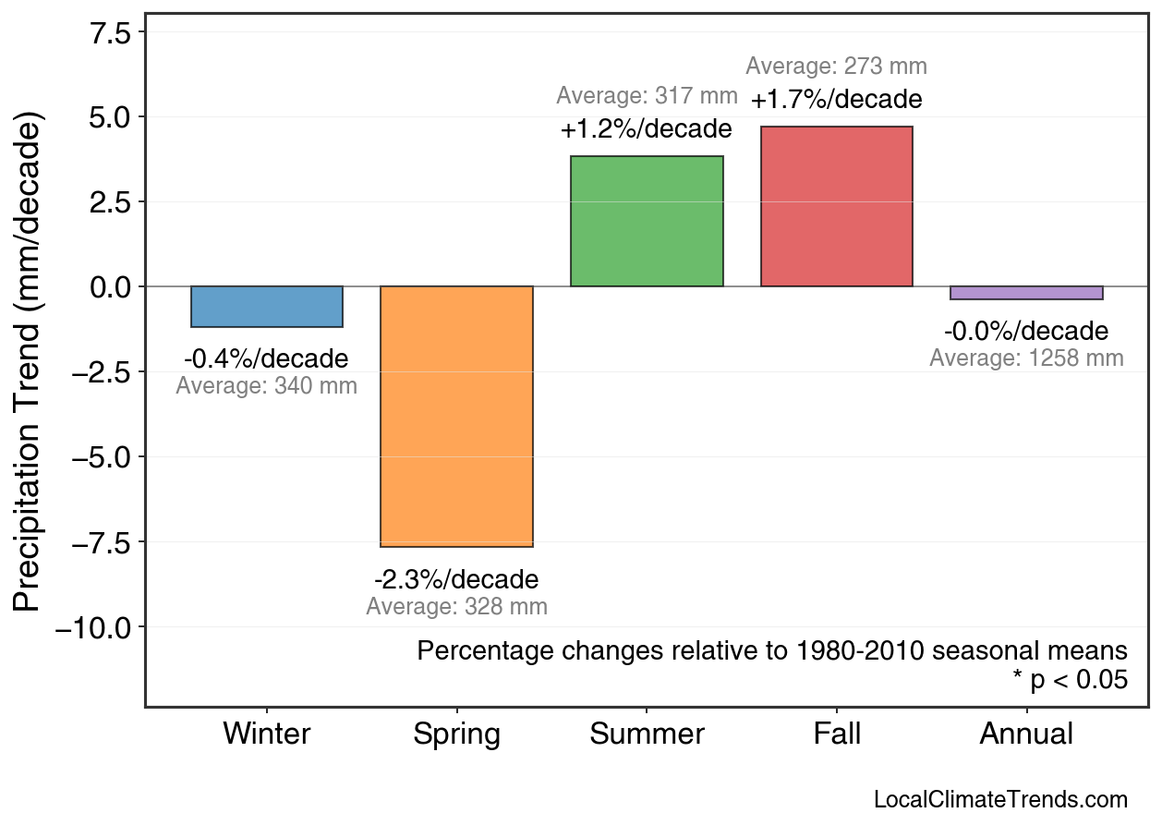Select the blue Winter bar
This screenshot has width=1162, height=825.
point(267,307)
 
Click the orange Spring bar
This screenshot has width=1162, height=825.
point(456,417)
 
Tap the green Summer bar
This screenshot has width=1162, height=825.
point(647,222)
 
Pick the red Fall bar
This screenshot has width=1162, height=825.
point(836,207)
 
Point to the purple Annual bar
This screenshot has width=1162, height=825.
point(1026,293)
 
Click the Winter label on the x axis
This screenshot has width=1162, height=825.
point(267,734)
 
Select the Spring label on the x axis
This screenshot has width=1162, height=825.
point(456,734)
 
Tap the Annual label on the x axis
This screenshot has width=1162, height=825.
point(1026,734)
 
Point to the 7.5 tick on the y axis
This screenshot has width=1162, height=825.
point(110,31)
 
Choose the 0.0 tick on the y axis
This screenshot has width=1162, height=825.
point(110,287)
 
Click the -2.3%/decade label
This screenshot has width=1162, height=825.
point(456,580)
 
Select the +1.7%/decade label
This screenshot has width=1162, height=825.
point(836,99)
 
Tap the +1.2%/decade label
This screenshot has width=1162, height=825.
point(647,129)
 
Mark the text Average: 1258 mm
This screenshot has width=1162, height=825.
point(1026,358)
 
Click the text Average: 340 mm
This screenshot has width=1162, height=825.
point(267,386)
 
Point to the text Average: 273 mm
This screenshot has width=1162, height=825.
point(836,67)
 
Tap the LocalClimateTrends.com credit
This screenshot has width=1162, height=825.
point(1000,800)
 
